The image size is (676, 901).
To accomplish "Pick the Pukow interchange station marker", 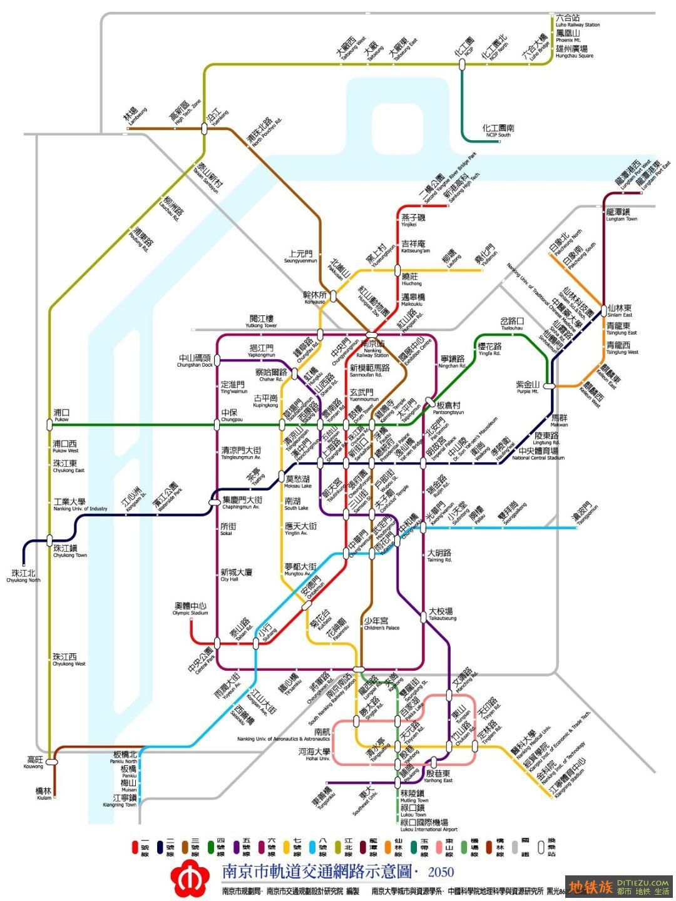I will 49,424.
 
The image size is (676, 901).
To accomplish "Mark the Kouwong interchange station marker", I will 51,761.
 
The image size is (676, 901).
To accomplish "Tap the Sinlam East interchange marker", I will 603,309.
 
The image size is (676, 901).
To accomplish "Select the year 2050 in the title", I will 441,872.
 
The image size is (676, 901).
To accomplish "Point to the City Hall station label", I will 236,575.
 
